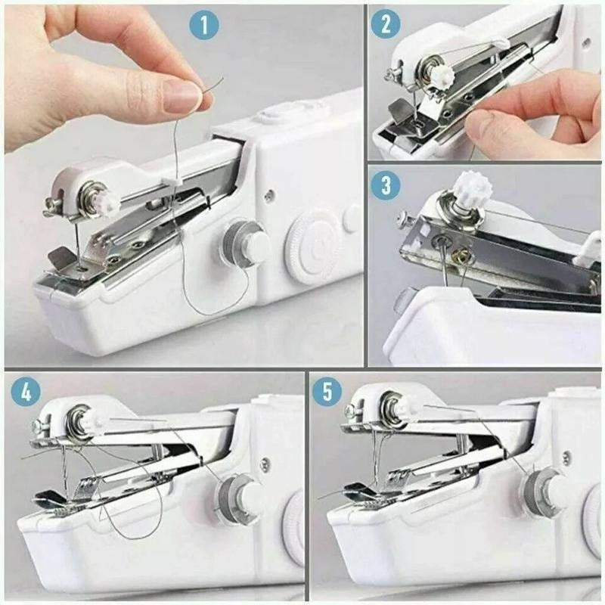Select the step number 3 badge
tap(386, 185)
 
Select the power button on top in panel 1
tap(271, 116)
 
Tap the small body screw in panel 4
tap(263, 464)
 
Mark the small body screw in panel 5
tap(566, 458)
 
